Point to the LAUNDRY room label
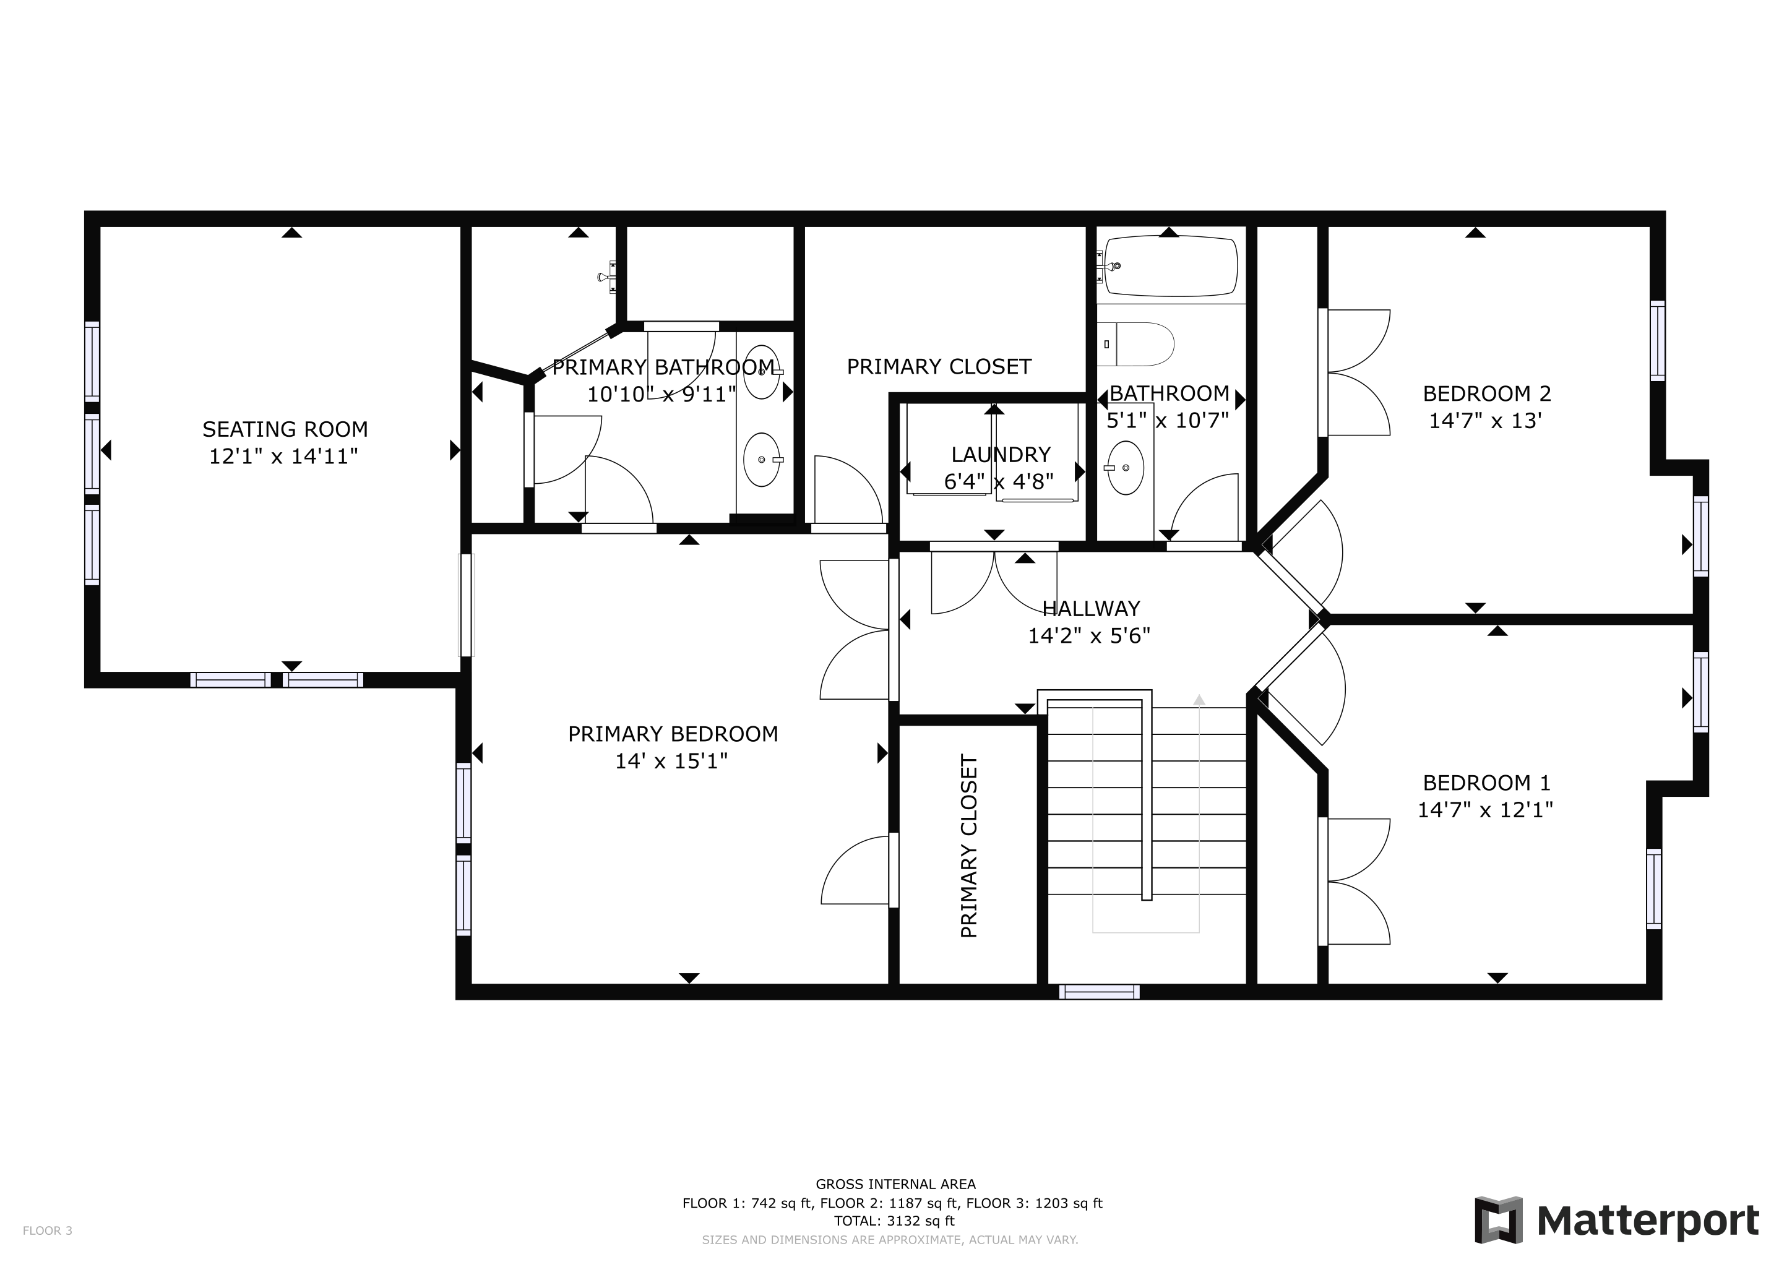pyautogui.click(x=1001, y=454)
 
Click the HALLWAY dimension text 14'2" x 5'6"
pyautogui.click(x=1089, y=636)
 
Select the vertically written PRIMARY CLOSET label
pyautogui.click(x=968, y=846)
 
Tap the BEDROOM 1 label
pyautogui.click(x=1487, y=783)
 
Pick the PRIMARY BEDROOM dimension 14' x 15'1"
pyautogui.click(x=671, y=761)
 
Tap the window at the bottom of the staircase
pyautogui.click(x=1099, y=992)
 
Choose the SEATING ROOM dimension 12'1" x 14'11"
pyautogui.click(x=283, y=457)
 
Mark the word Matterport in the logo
pyautogui.click(x=1648, y=1222)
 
